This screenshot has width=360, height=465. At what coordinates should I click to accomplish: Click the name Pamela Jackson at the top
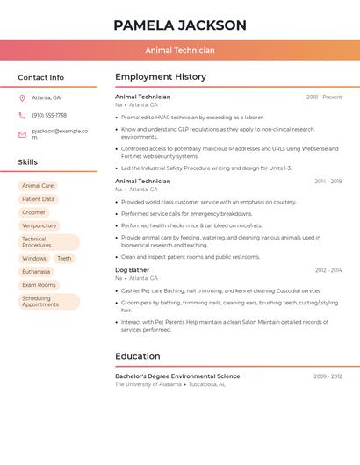coord(180,25)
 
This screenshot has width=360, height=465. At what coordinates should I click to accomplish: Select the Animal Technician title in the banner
coord(180,50)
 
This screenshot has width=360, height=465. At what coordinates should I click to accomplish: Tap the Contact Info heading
coord(41,77)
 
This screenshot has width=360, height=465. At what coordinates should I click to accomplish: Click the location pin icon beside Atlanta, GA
coord(22,97)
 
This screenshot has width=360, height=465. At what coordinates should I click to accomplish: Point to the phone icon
coord(22,116)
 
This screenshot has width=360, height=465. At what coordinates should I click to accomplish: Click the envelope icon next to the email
coord(22,134)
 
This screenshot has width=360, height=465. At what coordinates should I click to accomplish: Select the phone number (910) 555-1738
coord(49,116)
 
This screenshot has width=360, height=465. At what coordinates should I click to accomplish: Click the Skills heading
coord(28,162)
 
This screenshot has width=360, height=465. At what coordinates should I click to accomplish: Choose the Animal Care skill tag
coord(38,186)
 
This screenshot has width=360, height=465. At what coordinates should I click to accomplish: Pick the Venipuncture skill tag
coord(40,225)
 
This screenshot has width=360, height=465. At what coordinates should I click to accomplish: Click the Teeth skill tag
coord(64,259)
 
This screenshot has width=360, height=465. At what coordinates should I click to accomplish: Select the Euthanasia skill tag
coord(36,272)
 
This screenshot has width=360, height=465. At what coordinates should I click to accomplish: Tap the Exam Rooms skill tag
coord(39,285)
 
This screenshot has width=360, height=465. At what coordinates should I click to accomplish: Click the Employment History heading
coord(161,77)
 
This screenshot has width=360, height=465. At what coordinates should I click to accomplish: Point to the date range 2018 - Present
coord(324,97)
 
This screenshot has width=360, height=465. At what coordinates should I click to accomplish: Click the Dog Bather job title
coord(133,270)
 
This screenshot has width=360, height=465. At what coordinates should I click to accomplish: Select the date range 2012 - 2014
coord(328,270)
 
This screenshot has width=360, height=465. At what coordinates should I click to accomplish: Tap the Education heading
coord(138,356)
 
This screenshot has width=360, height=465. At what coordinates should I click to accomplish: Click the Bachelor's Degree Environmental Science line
coord(177,376)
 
